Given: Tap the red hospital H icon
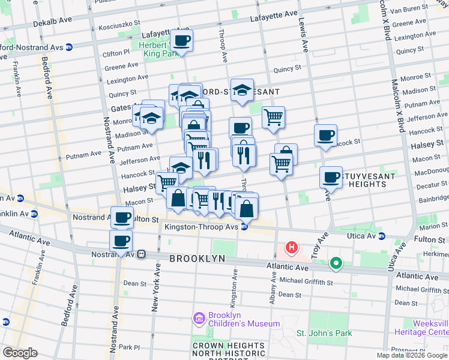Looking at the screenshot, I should pos(292,247).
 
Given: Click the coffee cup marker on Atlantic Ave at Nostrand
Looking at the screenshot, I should pos(121,241).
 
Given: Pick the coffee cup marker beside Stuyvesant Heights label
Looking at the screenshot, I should pos(330,177).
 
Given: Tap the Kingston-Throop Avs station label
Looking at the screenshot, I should pos(202,227).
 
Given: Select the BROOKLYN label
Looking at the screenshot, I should pos(197,258).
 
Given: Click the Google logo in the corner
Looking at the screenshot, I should pos(20,353).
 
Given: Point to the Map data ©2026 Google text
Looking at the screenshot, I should pos(412,356).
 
